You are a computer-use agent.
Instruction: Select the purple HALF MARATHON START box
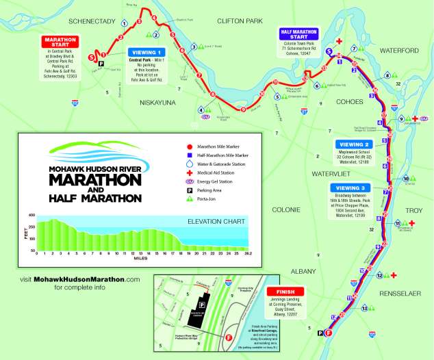coord(299,32)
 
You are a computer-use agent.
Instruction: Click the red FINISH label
coord(285,291)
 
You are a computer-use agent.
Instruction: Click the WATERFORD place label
coord(399,51)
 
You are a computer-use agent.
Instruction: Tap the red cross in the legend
coord(190,173)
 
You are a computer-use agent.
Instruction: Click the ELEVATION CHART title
coord(216,222)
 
